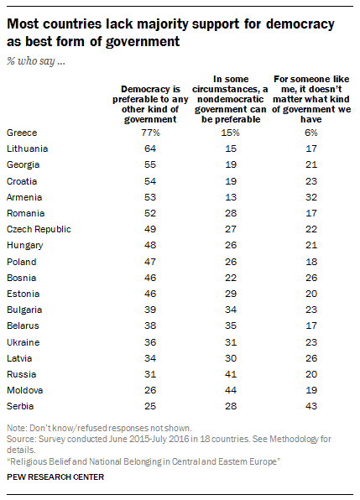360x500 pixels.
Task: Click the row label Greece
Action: point(22,133)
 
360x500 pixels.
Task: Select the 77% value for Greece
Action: point(150,133)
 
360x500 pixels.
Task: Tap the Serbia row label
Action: point(20,406)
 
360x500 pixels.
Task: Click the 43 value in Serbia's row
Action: point(311,406)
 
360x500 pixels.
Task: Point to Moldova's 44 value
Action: point(231,390)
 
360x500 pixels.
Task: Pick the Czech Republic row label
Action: point(39,229)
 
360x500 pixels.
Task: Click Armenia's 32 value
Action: point(311,197)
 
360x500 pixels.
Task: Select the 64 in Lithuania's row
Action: point(150,148)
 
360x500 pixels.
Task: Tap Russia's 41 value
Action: point(231,374)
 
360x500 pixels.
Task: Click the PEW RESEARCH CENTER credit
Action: point(55,477)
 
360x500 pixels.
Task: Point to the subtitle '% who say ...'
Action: point(36,60)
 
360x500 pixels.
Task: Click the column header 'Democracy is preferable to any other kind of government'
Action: point(150,104)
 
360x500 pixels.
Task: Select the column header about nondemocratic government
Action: point(230,99)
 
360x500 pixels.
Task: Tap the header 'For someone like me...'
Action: point(311,99)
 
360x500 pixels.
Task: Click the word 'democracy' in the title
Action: point(300,24)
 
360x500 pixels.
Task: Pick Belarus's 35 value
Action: point(231,326)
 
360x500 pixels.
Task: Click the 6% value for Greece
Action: point(311,133)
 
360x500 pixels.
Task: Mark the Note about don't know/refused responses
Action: point(99,428)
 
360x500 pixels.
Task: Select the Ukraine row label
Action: point(23,342)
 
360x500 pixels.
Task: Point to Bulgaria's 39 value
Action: point(150,310)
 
